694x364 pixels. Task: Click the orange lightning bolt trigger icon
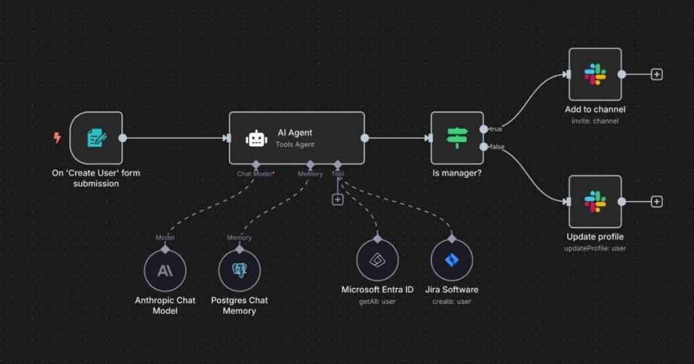point(57,138)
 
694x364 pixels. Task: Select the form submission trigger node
point(96,138)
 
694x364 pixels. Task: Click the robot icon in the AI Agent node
point(256,139)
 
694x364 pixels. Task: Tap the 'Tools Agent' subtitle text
point(295,144)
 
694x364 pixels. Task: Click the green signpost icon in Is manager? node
point(457,138)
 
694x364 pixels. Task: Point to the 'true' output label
point(496,129)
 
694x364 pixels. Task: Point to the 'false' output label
point(497,147)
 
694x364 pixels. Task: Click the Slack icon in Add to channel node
point(595,74)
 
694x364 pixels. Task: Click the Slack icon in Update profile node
point(595,202)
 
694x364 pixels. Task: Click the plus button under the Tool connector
point(338,200)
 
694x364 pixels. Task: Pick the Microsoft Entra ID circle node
point(377,260)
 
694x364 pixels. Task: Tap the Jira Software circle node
point(452,260)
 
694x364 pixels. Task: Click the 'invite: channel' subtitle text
point(595,121)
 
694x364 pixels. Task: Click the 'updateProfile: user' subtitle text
point(595,248)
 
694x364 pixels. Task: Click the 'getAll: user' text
point(377,301)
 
